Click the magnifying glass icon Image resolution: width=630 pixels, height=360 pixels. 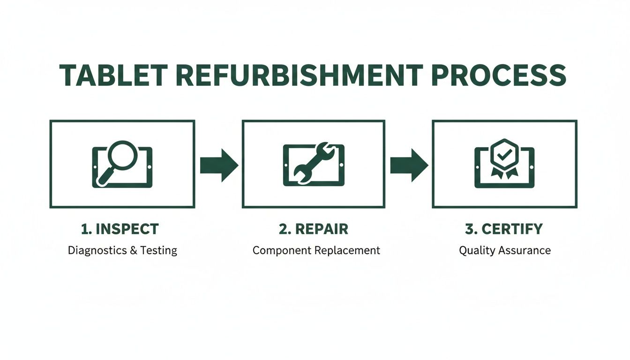(x=122, y=157)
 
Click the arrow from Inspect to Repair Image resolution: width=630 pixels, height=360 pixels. (x=219, y=165)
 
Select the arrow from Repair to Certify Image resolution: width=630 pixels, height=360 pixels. (x=409, y=165)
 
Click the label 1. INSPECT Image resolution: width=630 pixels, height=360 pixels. (x=120, y=229)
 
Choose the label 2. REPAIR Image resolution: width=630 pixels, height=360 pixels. (x=314, y=229)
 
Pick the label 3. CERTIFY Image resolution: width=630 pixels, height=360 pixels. (x=504, y=229)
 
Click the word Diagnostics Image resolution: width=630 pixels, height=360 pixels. (x=97, y=250)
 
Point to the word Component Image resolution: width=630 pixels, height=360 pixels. (x=282, y=251)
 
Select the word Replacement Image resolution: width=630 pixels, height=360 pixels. (x=347, y=251)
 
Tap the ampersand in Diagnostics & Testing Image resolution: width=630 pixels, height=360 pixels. (x=133, y=250)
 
